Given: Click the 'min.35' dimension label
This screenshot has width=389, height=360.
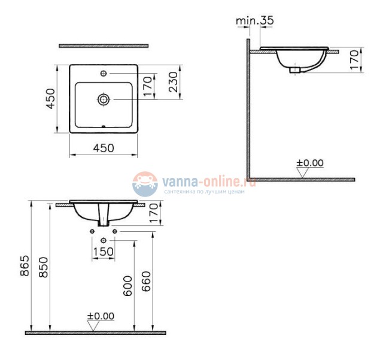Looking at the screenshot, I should pyautogui.click(x=254, y=20).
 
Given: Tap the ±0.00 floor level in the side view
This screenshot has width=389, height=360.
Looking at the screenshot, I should pyautogui.click(x=310, y=162).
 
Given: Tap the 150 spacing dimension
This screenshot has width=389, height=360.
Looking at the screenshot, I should pyautogui.click(x=103, y=252).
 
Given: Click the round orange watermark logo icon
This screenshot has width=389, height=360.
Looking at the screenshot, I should pyautogui.click(x=143, y=181).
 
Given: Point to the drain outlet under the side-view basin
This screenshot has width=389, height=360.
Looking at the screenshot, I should pyautogui.click(x=294, y=70).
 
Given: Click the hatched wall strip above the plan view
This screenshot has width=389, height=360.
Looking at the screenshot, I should pyautogui.click(x=104, y=45).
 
